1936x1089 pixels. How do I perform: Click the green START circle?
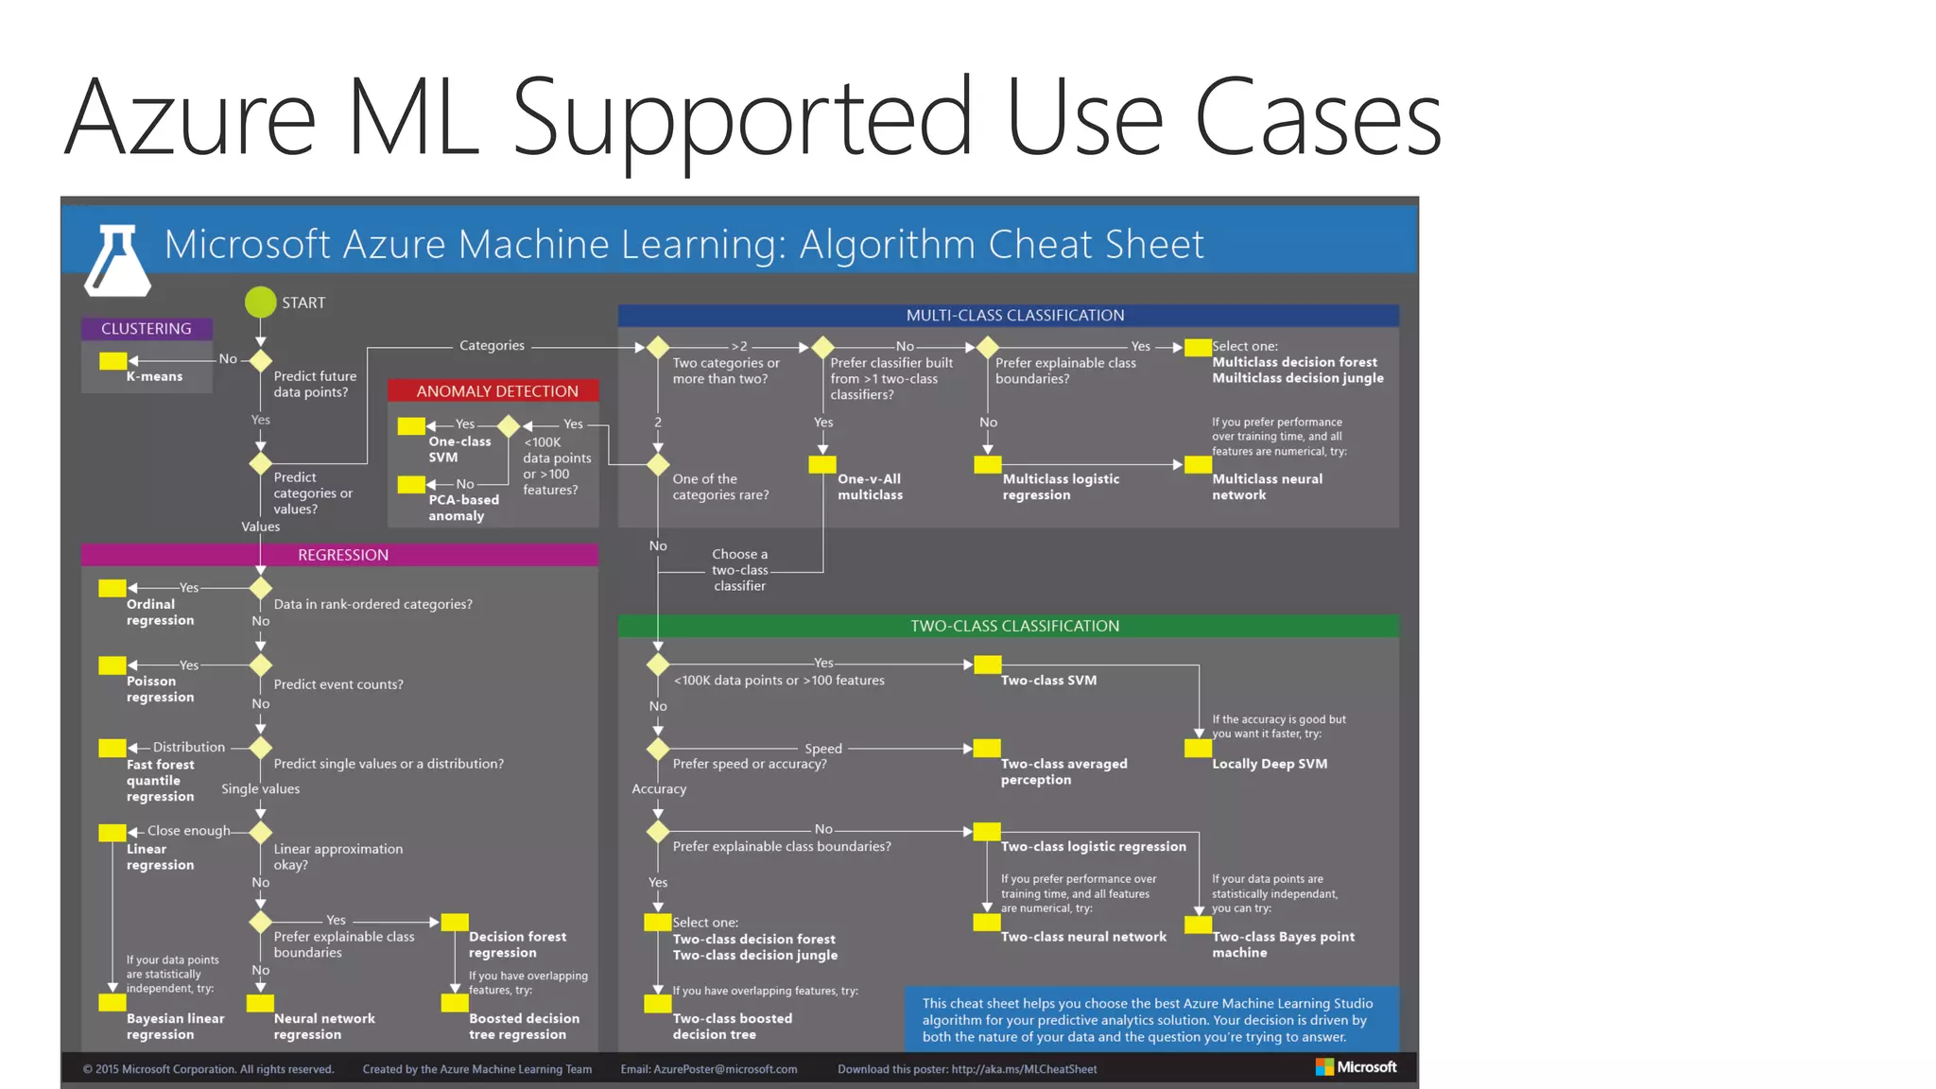click(x=260, y=302)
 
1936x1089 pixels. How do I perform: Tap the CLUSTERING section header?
click(x=147, y=328)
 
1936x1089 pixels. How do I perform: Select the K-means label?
click(x=155, y=376)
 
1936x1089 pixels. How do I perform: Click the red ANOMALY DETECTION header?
click(x=496, y=391)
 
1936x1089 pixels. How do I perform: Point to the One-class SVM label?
click(x=459, y=449)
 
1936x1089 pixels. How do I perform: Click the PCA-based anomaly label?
click(x=463, y=508)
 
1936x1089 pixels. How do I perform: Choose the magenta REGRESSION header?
click(x=342, y=555)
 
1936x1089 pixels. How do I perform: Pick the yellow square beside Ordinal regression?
click(x=112, y=588)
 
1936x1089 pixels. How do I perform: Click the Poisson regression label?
click(x=160, y=689)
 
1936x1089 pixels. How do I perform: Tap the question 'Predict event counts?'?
click(x=337, y=684)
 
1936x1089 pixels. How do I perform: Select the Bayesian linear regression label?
click(x=175, y=1027)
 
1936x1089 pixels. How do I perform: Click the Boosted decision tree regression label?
click(x=524, y=1027)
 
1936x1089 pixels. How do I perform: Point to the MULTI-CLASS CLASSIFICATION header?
click(x=1014, y=315)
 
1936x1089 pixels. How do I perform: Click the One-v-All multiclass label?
click(x=870, y=487)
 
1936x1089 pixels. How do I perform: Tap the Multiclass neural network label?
click(x=1267, y=487)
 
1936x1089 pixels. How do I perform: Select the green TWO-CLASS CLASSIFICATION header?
click(x=1014, y=626)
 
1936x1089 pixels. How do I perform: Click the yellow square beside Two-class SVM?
click(x=987, y=665)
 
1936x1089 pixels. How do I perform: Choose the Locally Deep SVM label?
click(x=1269, y=764)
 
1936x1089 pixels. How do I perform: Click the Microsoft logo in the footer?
click(x=1357, y=1067)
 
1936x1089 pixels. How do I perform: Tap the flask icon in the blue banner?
click(x=117, y=259)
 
